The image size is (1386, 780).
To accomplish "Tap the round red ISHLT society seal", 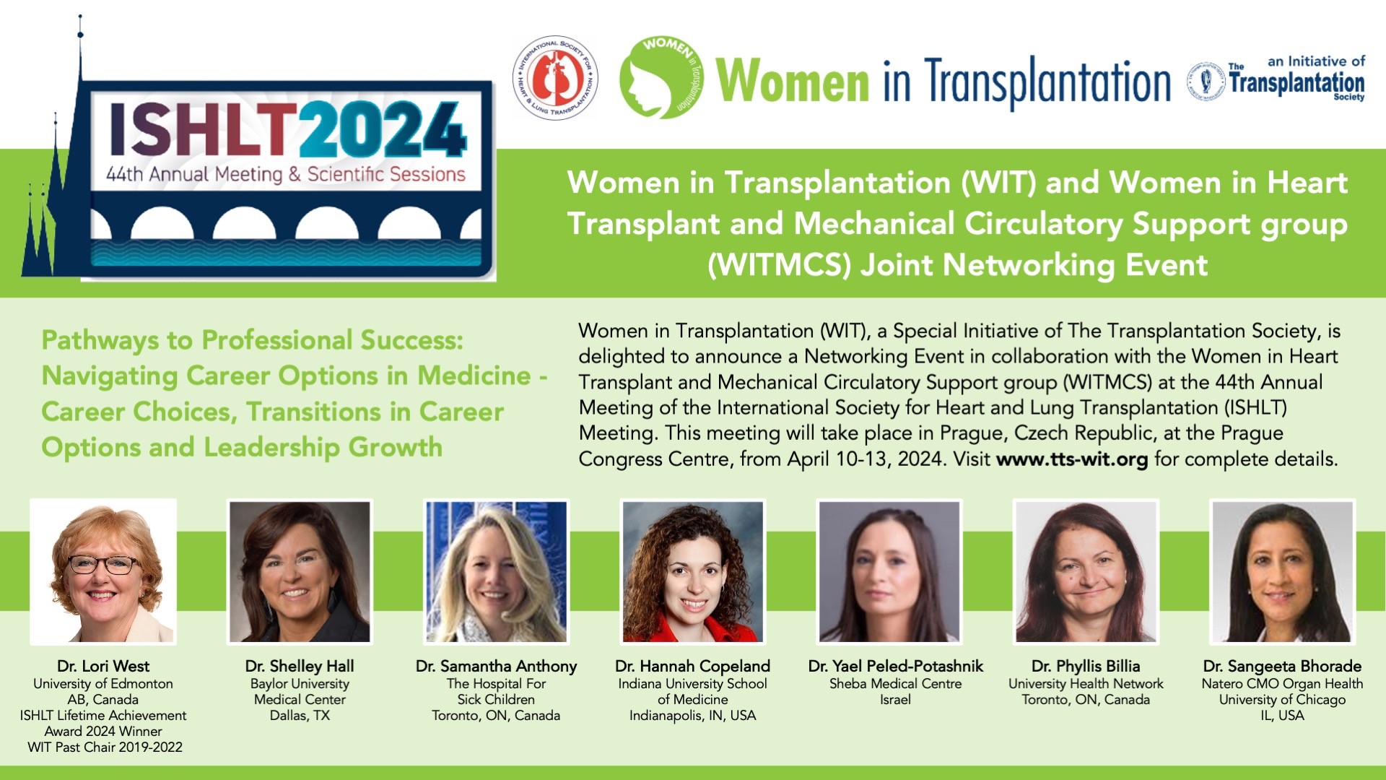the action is (x=555, y=78).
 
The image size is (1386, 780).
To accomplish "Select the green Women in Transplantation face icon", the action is (x=661, y=77).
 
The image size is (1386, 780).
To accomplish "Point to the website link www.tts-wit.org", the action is (x=1072, y=459).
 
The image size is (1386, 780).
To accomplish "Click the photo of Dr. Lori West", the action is (x=103, y=571).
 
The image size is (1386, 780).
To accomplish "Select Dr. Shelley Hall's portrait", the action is (x=300, y=571).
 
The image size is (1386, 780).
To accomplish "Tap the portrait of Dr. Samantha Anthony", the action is (x=496, y=571).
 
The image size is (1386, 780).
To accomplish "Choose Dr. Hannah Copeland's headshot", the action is (x=693, y=571).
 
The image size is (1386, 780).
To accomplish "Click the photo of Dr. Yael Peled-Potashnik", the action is (x=889, y=571).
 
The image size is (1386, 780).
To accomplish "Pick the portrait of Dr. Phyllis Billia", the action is (x=1086, y=571).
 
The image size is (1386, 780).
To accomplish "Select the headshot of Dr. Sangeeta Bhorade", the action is (x=1282, y=571).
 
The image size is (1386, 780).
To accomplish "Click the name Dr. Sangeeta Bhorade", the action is (x=1282, y=666).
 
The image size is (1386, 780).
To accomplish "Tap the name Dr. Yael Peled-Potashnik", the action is (x=896, y=666).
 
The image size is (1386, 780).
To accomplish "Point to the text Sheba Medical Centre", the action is (x=895, y=683).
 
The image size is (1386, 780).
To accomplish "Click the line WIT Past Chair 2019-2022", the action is (x=105, y=747).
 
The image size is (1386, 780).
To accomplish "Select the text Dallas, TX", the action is (x=300, y=715).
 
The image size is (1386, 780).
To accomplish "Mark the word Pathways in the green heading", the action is (x=100, y=340).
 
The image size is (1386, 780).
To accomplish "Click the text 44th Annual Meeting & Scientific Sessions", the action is (x=286, y=175).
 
